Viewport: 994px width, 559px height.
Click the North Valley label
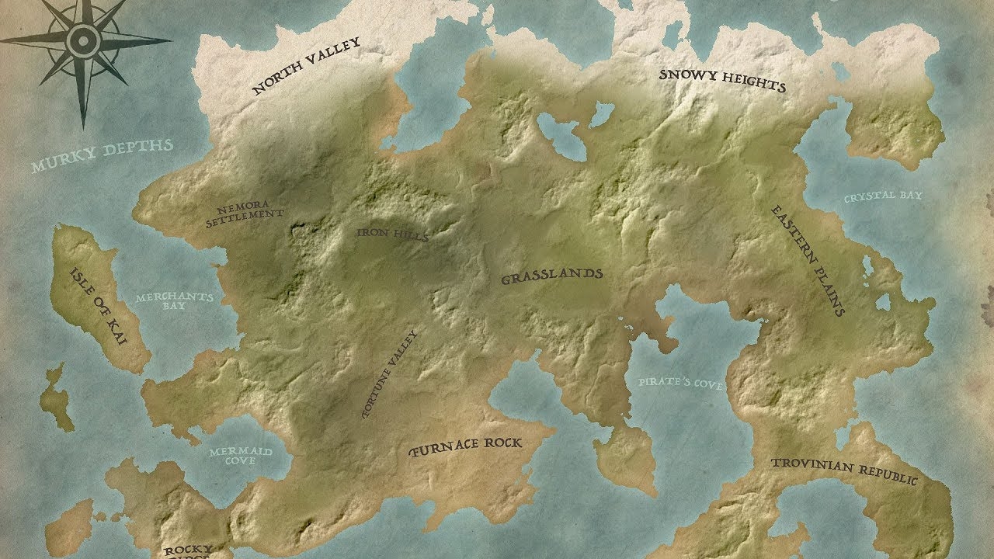(x=307, y=66)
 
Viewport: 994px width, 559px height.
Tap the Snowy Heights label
(x=722, y=80)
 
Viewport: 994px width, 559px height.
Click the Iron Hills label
(x=392, y=234)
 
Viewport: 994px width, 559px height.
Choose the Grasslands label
(x=551, y=276)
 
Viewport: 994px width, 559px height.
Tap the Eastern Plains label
(x=808, y=260)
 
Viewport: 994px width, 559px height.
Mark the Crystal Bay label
(x=883, y=196)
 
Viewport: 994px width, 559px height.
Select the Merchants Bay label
(x=175, y=302)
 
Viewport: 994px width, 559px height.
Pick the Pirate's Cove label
(x=681, y=383)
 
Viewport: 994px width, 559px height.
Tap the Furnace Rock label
(x=466, y=446)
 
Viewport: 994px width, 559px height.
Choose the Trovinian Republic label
(x=843, y=470)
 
